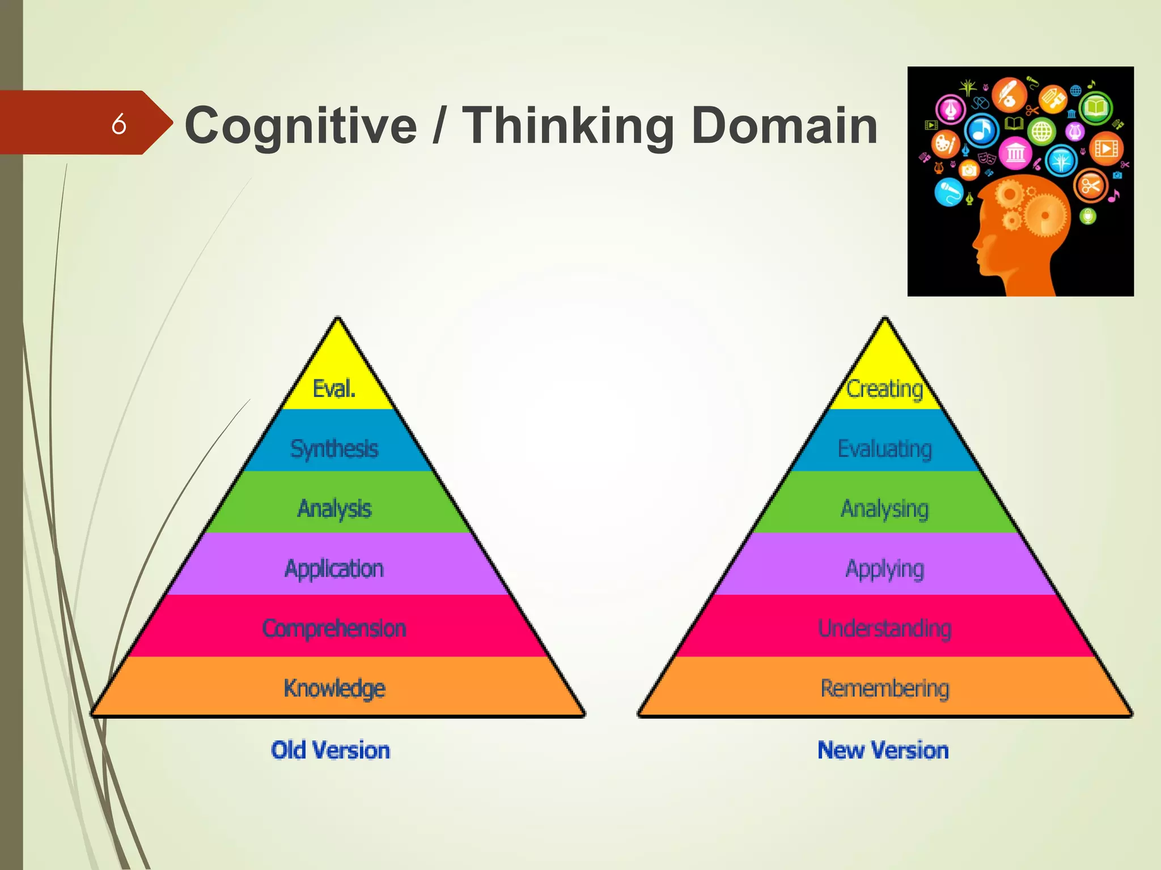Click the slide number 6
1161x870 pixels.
click(118, 123)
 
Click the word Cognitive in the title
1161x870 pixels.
click(301, 126)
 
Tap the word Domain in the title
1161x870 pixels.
click(785, 126)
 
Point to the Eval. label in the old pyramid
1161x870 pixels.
click(334, 389)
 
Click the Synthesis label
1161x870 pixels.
click(334, 449)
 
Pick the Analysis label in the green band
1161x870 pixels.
click(334, 509)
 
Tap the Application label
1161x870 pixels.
click(334, 569)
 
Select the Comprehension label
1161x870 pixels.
click(334, 629)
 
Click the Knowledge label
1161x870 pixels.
click(334, 688)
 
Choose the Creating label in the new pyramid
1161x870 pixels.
click(885, 389)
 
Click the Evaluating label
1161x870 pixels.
click(885, 449)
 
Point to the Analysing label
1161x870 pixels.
click(885, 509)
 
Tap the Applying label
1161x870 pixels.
click(885, 569)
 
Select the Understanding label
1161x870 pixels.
click(885, 629)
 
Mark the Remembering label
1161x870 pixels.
click(885, 688)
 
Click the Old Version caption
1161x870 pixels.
click(330, 750)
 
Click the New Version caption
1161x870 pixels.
click(883, 750)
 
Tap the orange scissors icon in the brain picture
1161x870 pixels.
click(1091, 185)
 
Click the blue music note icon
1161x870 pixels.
click(982, 130)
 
